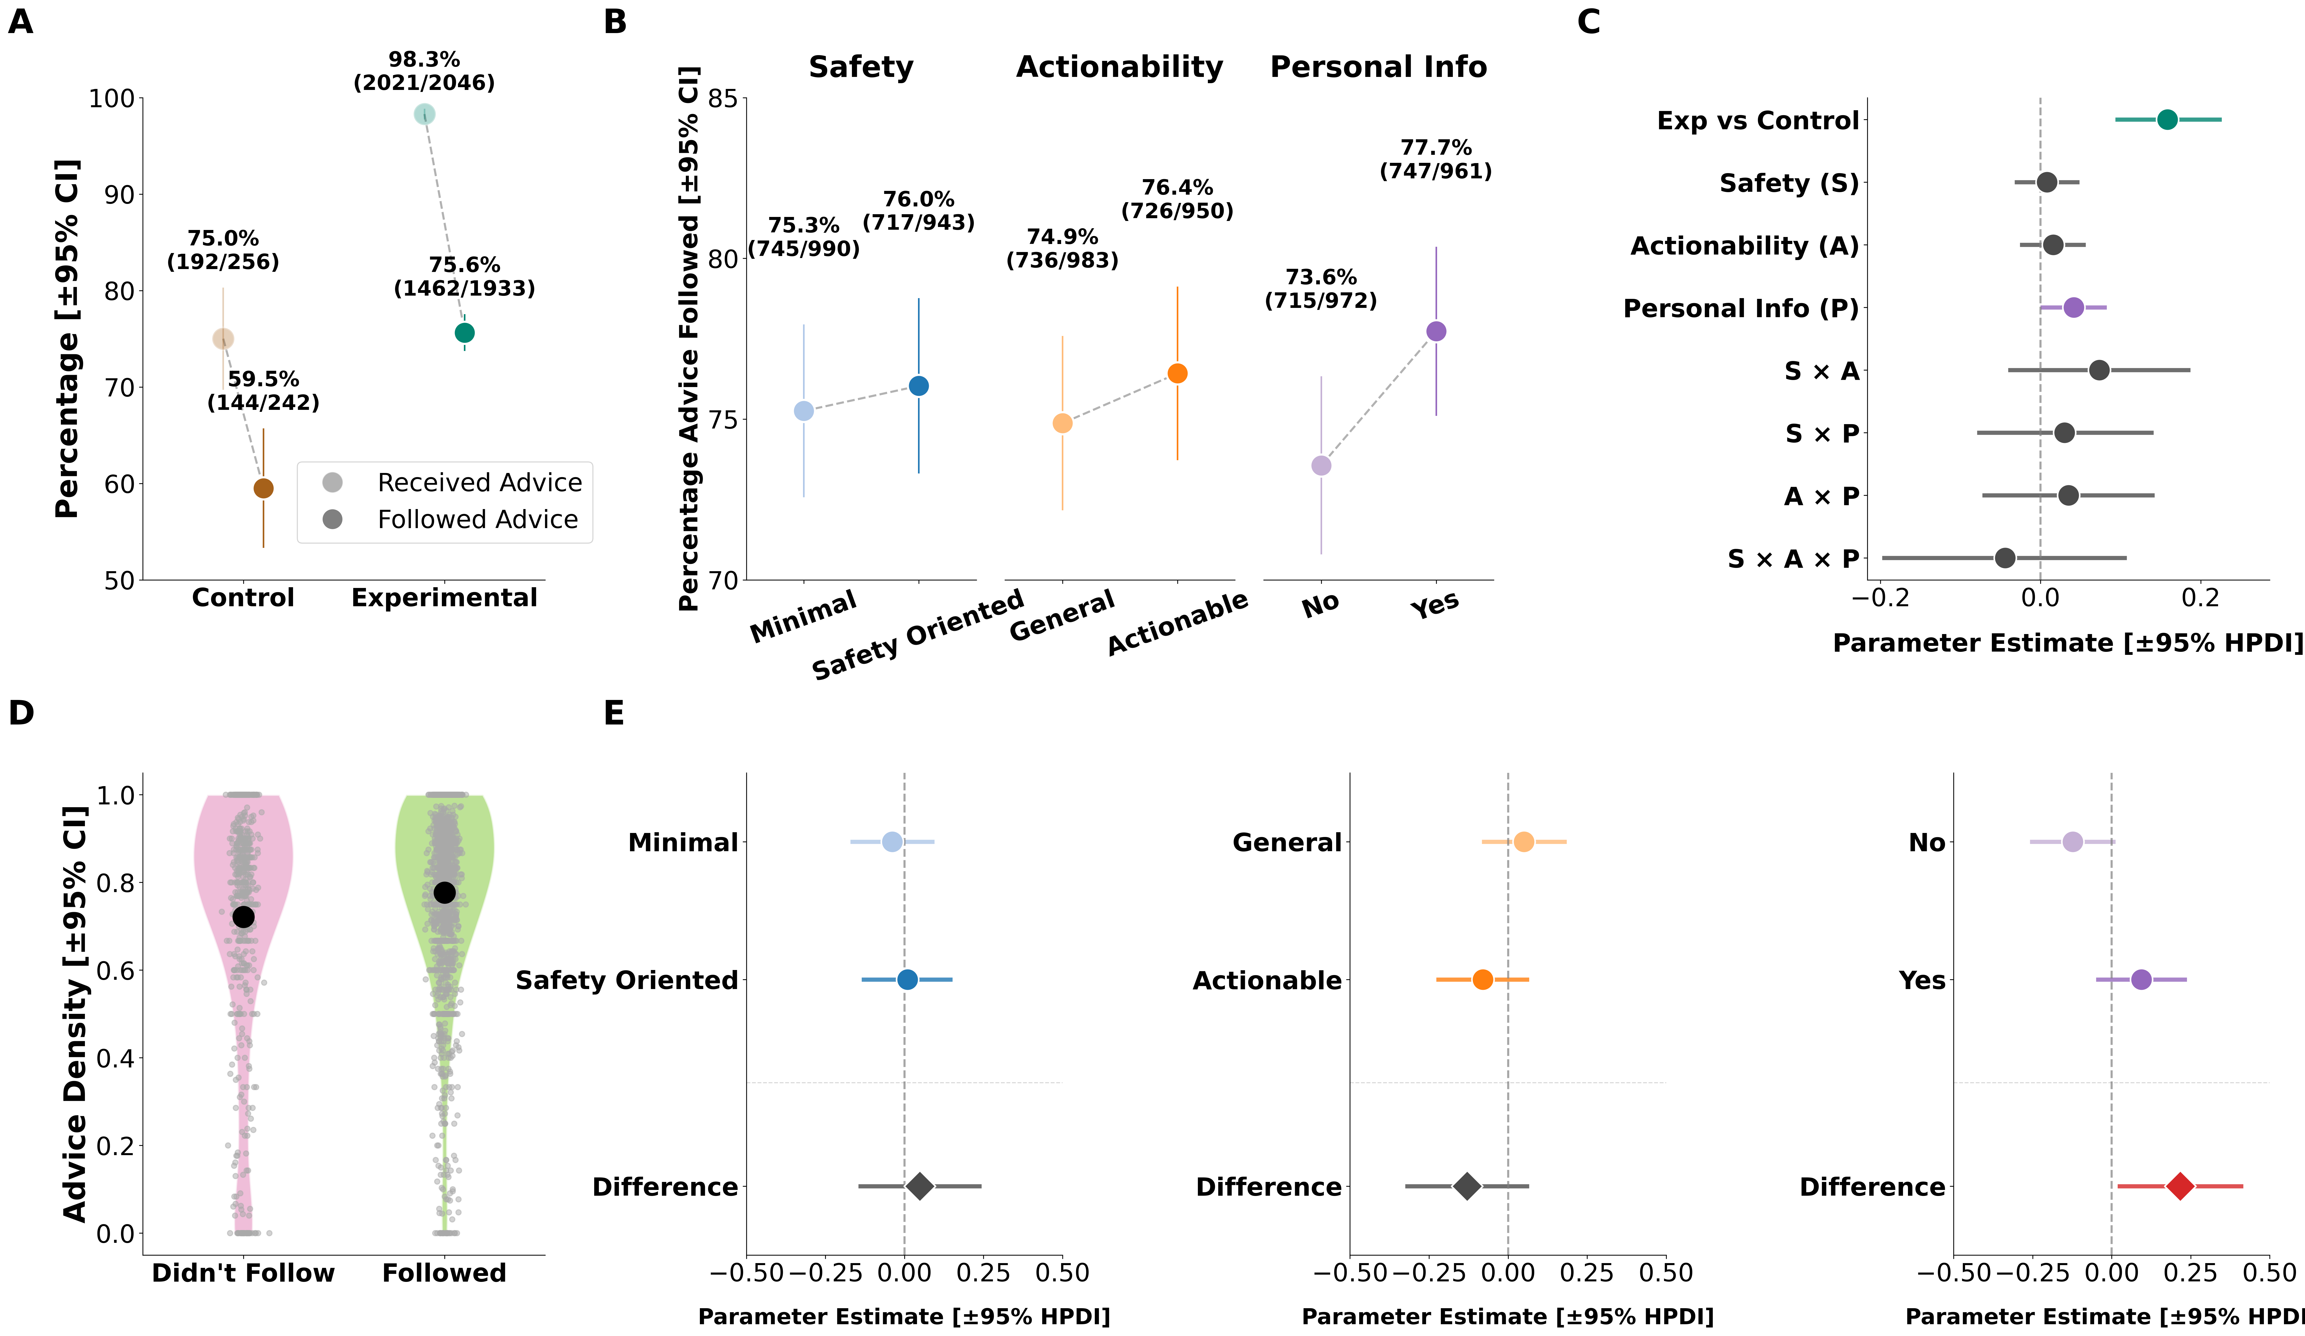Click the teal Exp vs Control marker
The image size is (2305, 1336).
coord(2167,120)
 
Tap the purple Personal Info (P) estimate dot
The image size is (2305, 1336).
coord(2074,307)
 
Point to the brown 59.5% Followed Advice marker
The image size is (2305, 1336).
coord(264,489)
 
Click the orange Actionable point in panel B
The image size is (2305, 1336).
coord(1177,373)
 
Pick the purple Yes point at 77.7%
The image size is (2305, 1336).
coord(1436,331)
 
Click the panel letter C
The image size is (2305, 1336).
coord(1589,22)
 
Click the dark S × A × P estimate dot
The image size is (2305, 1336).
coord(2005,557)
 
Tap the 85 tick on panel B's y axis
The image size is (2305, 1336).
coord(723,99)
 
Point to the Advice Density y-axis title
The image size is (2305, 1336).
coord(75,1014)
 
